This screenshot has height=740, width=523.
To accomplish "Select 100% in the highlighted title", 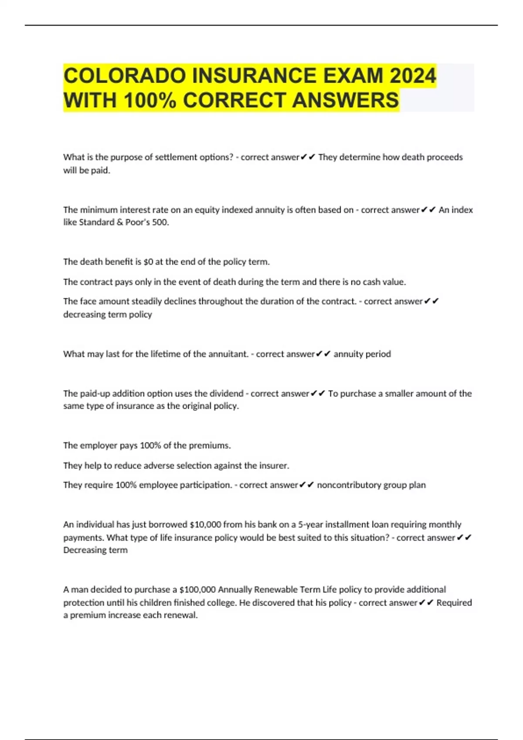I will point(150,100).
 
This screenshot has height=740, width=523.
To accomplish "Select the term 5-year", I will point(310,525).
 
